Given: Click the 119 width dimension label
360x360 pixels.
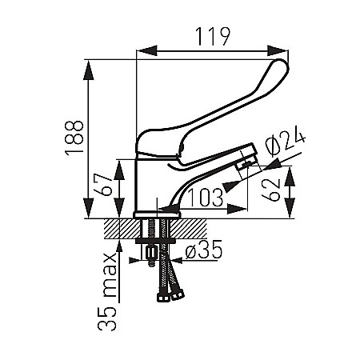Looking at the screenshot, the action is [x=212, y=37].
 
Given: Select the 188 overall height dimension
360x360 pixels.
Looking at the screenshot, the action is [x=74, y=138].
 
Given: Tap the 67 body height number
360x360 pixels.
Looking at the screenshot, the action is [x=103, y=185].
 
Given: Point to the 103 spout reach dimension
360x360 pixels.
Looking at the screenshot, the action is [x=206, y=198].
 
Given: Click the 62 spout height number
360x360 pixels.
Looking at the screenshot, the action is [x=271, y=190].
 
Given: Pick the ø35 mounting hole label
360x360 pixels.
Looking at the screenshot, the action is [x=204, y=250].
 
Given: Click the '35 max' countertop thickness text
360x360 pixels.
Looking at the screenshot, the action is [x=107, y=291].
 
